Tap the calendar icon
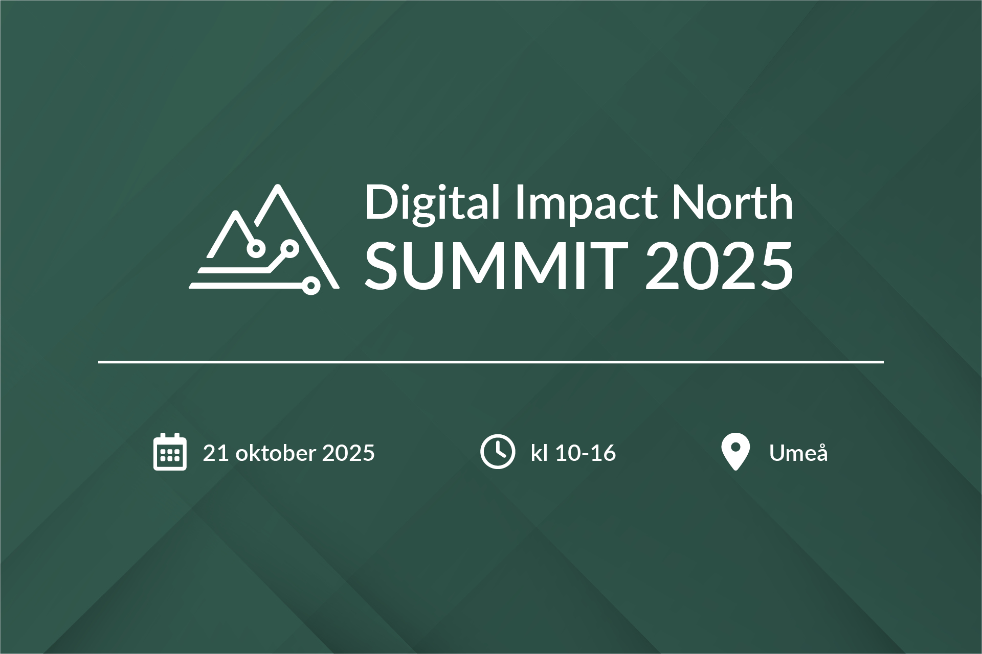(170, 452)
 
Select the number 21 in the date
(215, 453)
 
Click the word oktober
(276, 453)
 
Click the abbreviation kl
(539, 453)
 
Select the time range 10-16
(586, 453)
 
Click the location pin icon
(735, 451)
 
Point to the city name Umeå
(798, 453)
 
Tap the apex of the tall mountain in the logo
(278, 186)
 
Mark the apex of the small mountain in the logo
(236, 213)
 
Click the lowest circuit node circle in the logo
(310, 286)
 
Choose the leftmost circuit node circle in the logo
(256, 248)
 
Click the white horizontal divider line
(491, 362)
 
